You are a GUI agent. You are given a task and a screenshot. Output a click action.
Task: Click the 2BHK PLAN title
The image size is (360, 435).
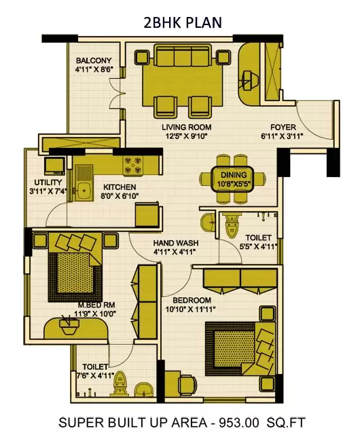point(181,23)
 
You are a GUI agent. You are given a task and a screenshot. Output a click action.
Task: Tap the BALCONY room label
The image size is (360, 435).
point(94,59)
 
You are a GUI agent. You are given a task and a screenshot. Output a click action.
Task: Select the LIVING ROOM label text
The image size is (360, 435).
point(186,127)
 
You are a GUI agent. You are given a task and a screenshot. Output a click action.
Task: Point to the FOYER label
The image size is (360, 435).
point(283,127)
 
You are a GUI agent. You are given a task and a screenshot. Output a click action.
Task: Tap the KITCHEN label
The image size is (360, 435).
point(120,187)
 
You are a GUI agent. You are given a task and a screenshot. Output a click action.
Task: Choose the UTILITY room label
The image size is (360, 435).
point(48,183)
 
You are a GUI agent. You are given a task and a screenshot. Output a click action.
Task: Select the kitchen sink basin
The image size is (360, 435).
point(84,187)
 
